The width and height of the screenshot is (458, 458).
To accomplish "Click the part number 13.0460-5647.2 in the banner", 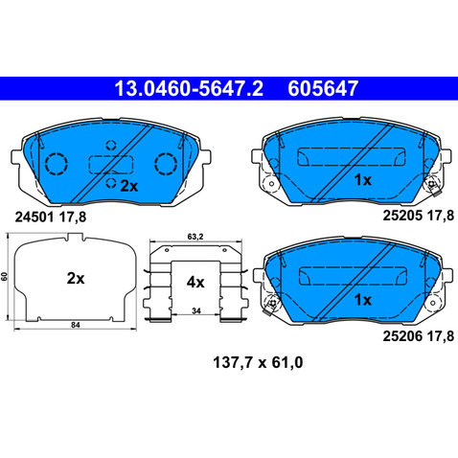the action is pos(189,88).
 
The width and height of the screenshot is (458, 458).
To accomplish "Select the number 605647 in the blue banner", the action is pos(323,88).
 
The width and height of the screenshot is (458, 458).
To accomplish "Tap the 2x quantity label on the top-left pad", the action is pos(128,186).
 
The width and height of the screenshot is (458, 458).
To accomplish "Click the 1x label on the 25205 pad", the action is pos(363,180).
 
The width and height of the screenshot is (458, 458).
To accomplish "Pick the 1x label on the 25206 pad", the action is pos(363,300).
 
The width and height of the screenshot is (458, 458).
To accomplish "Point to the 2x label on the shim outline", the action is pos(76,279).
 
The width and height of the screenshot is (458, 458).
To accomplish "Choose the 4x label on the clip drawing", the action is pos(195,283).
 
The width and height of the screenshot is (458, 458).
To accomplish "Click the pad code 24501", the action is pos(34,218).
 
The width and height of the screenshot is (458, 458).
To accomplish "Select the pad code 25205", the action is pos(402,216).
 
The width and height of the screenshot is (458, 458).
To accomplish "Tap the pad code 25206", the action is pos(402,336).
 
